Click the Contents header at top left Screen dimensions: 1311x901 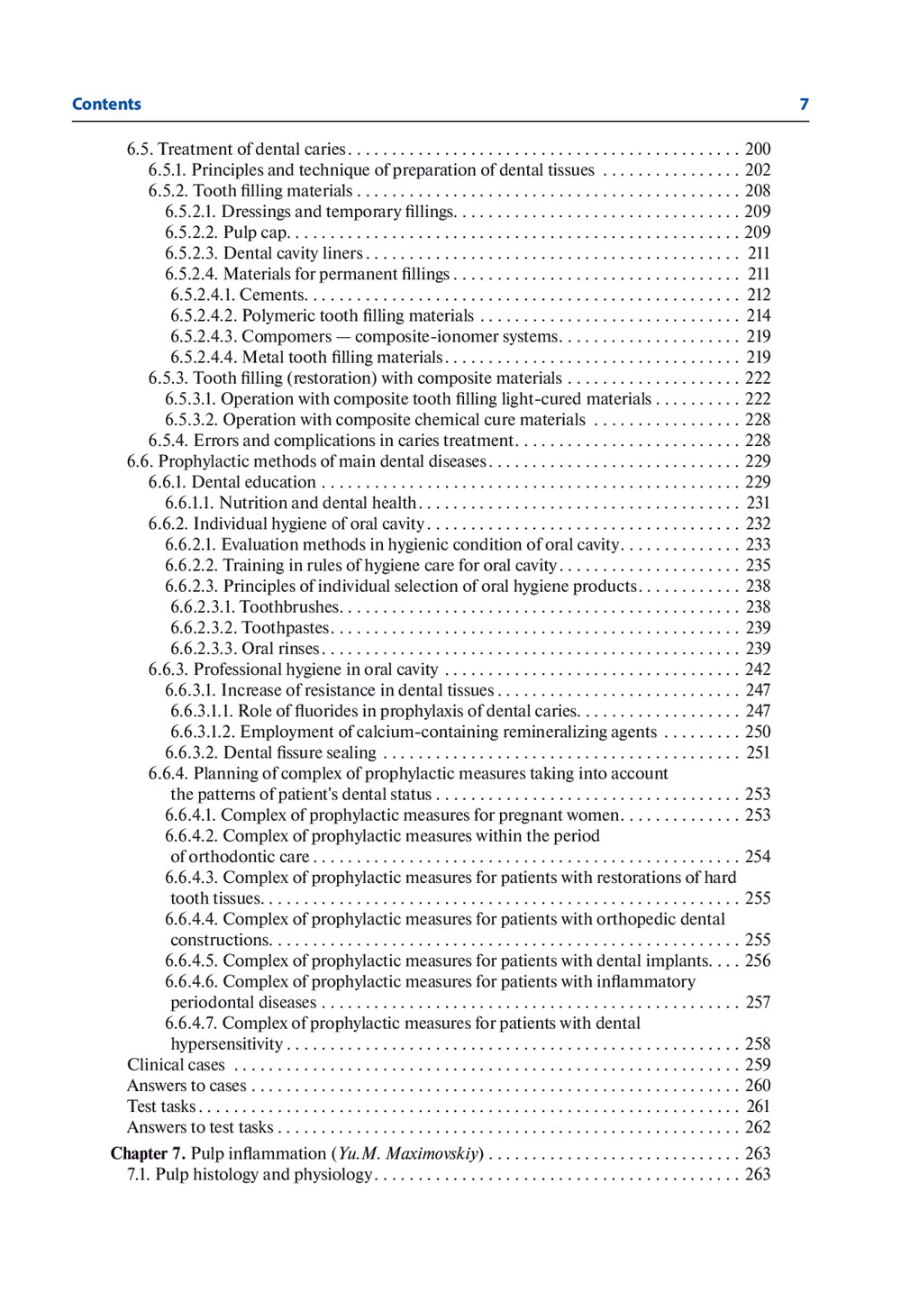106,105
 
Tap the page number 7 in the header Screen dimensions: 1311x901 804,105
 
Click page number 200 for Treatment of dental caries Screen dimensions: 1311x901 758,150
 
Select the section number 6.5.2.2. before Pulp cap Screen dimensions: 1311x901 191,232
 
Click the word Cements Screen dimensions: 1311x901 273,295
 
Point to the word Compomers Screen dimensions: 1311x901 287,336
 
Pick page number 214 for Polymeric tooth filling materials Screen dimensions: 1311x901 758,315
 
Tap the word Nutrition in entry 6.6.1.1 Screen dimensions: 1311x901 253,503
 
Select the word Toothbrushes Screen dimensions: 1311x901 289,607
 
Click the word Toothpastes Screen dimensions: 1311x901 286,628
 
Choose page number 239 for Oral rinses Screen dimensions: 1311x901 758,649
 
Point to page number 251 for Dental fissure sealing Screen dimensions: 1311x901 758,752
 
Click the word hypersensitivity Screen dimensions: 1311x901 226,1044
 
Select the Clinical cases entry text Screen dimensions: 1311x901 176,1065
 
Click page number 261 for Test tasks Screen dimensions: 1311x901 758,1106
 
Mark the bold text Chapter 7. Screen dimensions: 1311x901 148,1154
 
